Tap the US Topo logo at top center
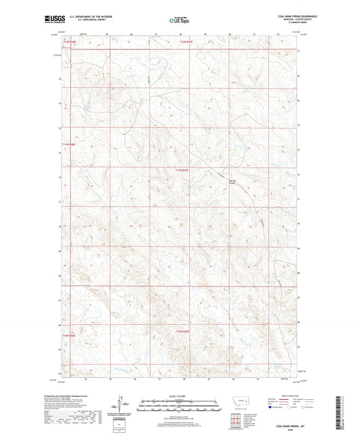click(179, 20)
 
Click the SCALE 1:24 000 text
click(180, 395)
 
